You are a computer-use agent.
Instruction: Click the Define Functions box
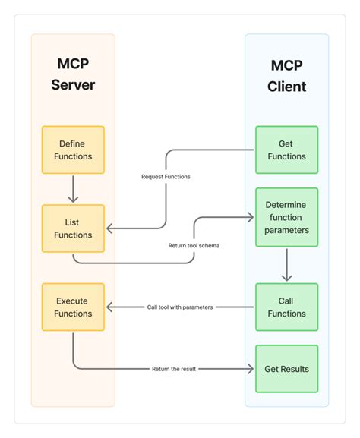(x=73, y=150)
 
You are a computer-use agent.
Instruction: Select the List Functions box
(x=73, y=228)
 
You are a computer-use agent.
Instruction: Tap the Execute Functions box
(x=73, y=307)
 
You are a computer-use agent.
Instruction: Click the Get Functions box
(x=286, y=150)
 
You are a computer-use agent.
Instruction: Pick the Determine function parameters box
(x=286, y=218)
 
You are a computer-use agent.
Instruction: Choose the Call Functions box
(x=286, y=307)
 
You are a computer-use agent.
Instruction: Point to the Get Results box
(x=286, y=369)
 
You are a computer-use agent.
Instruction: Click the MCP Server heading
(x=73, y=74)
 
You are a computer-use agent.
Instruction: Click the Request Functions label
(x=166, y=177)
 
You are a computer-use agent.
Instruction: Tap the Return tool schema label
(x=194, y=245)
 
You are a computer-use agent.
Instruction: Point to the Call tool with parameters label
(x=180, y=307)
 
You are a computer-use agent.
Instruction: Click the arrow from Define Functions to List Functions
(x=73, y=188)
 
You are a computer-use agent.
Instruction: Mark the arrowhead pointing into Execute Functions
(x=109, y=307)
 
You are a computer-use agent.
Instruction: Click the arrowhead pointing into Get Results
(x=250, y=369)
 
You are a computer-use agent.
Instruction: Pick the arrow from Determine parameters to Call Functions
(x=286, y=266)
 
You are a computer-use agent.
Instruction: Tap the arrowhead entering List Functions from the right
(x=109, y=228)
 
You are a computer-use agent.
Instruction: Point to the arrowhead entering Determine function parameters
(x=250, y=216)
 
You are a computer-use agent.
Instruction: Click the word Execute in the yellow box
(x=73, y=301)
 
